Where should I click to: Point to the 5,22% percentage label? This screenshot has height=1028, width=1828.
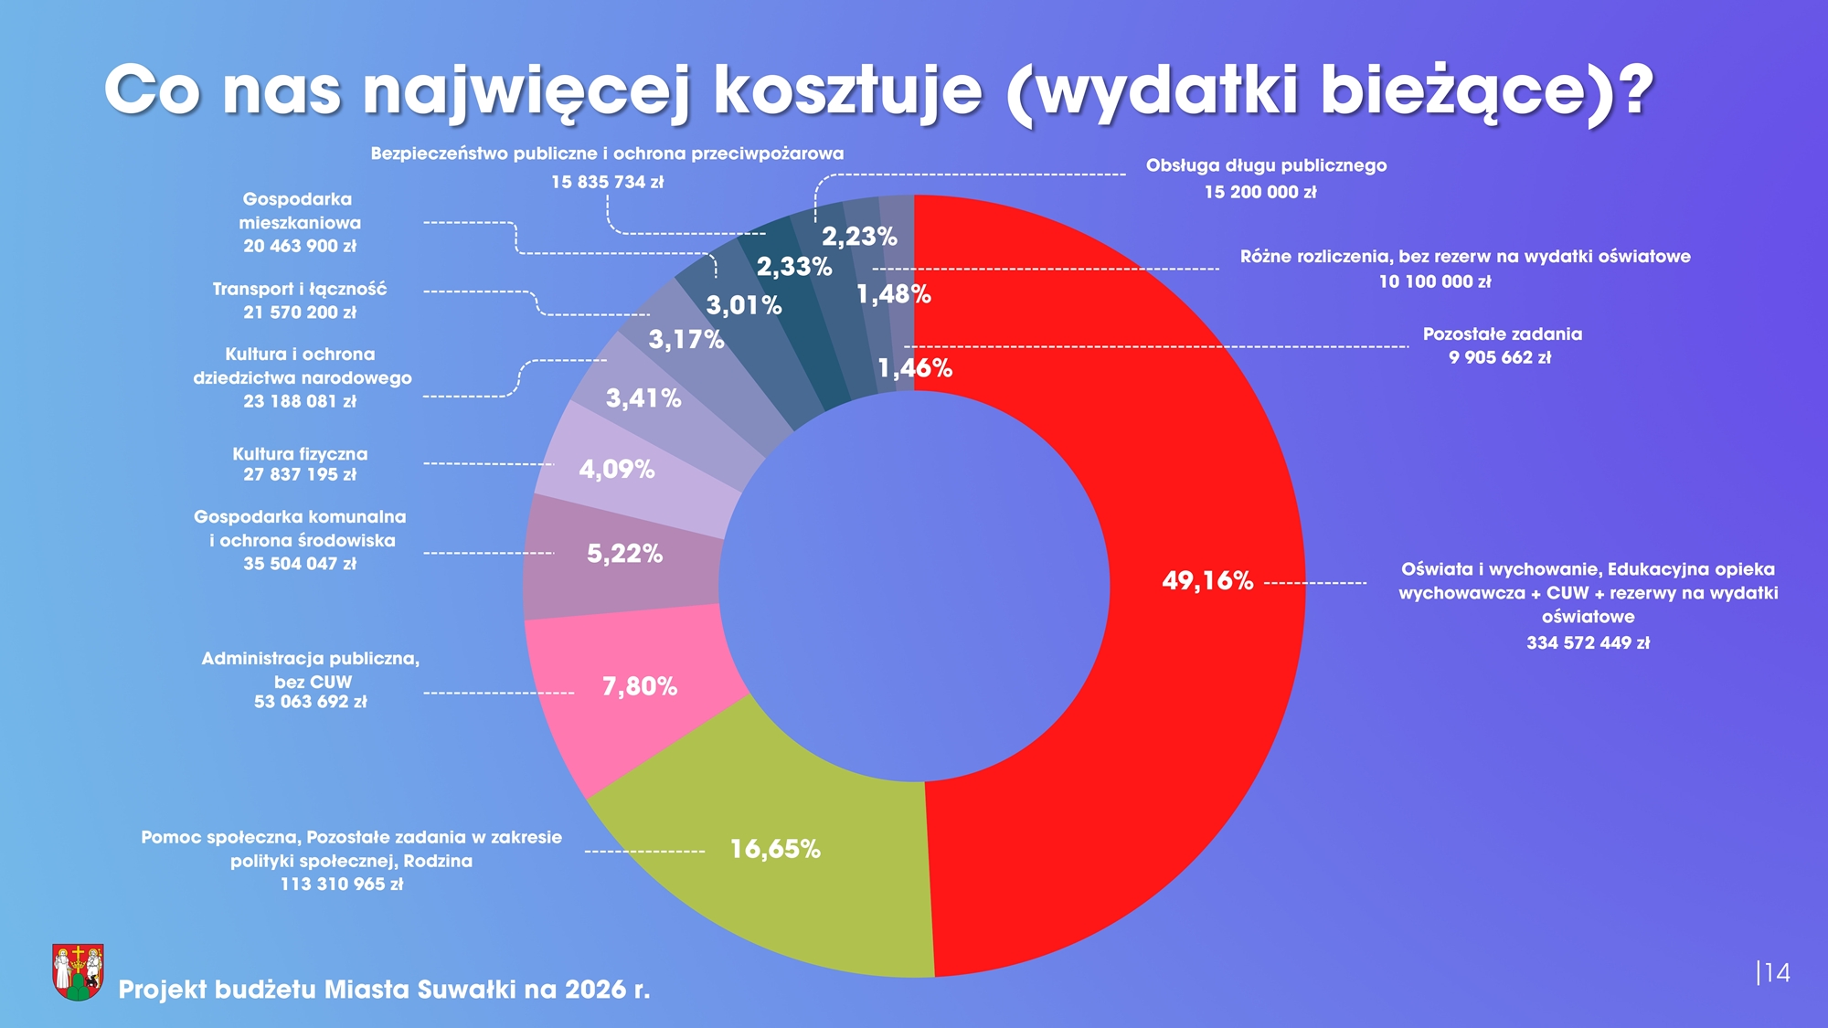(x=624, y=554)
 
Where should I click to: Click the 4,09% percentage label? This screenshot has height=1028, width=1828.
(x=617, y=470)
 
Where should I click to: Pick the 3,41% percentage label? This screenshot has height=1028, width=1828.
(x=643, y=398)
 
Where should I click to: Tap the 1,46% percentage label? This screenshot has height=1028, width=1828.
(x=915, y=368)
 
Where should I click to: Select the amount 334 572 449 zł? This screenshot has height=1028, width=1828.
(x=1588, y=643)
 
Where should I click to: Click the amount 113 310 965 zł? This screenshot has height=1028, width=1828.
(x=342, y=885)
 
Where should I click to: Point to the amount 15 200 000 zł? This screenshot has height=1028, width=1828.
(x=1260, y=192)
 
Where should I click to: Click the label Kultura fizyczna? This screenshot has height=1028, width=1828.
(x=300, y=454)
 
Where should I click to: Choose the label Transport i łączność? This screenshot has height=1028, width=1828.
(x=300, y=290)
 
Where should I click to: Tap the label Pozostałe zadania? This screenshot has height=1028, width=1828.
(x=1502, y=334)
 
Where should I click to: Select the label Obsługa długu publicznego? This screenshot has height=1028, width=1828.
(x=1266, y=165)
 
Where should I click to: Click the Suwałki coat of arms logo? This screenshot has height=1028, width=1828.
(x=78, y=971)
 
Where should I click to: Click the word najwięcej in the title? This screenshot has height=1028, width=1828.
(x=526, y=92)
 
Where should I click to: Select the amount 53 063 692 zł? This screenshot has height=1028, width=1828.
(x=310, y=702)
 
